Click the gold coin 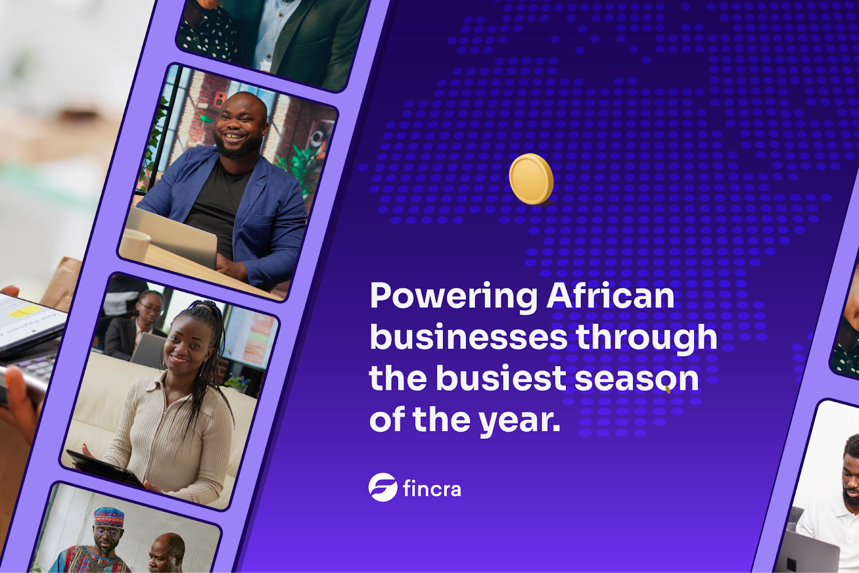(531, 179)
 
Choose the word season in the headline (637, 379)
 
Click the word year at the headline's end (520, 422)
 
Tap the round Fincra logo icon (383, 487)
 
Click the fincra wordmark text (432, 488)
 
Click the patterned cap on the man (110, 517)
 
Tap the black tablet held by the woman (104, 468)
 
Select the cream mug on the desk (135, 245)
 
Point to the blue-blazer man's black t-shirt (219, 207)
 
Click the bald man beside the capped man (166, 552)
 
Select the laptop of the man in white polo (806, 552)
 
